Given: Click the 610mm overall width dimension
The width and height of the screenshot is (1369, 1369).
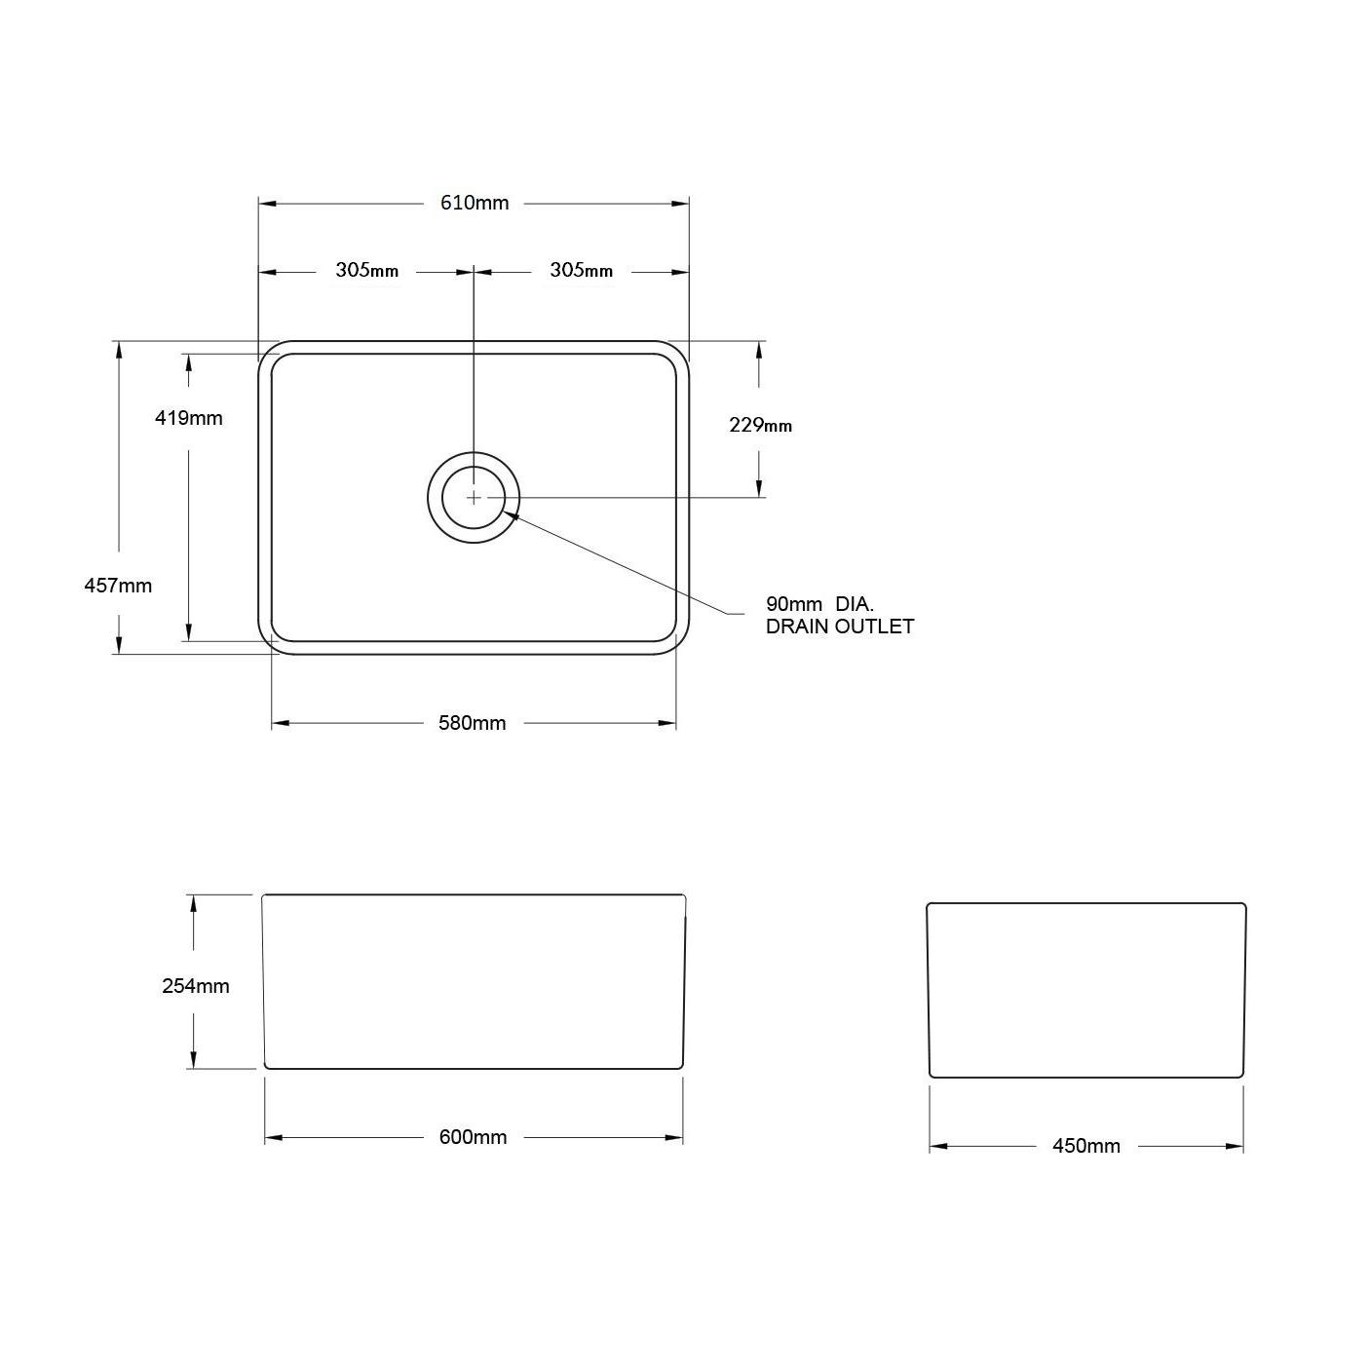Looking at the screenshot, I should click(x=475, y=203).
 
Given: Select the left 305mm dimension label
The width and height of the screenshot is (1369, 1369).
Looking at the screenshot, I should click(x=366, y=270).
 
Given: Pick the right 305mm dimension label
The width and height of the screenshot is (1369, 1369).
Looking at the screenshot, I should click(x=581, y=270).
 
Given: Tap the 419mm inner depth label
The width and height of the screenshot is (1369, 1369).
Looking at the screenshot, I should click(x=188, y=418).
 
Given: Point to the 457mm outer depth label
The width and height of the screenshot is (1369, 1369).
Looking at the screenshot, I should click(x=118, y=586).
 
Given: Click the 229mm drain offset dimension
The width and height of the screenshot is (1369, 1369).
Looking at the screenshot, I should click(x=760, y=425).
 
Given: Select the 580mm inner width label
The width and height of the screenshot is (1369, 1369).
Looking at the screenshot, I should click(x=473, y=723).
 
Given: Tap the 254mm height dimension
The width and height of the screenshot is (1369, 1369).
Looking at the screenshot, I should click(x=195, y=986).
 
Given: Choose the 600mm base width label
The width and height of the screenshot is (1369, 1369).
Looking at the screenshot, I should click(x=473, y=1137).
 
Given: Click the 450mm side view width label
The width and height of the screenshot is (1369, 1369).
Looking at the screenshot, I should click(x=1085, y=1146).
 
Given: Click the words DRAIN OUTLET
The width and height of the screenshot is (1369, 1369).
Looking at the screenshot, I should click(x=839, y=627).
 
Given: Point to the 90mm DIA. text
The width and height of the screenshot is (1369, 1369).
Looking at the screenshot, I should click(x=819, y=604).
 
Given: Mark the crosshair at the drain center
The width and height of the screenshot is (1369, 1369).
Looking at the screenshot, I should click(x=474, y=497).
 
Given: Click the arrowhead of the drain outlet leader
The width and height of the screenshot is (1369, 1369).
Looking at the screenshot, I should click(x=509, y=515).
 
